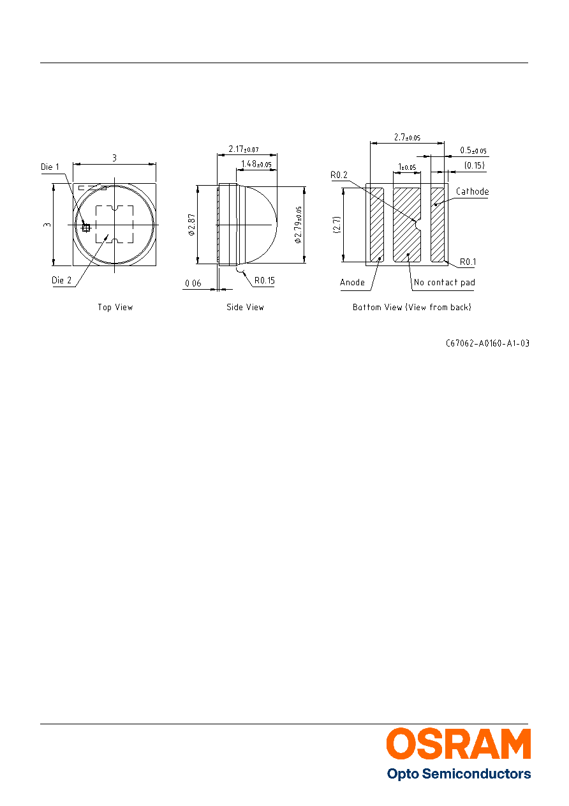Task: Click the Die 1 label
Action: (50, 167)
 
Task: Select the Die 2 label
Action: (61, 280)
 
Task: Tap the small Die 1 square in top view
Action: (86, 227)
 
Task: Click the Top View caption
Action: (115, 308)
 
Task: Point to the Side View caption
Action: (245, 308)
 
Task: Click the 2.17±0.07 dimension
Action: (244, 149)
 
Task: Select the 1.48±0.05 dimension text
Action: (256, 164)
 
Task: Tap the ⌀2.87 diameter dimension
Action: (191, 225)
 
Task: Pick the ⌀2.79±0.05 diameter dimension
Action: (298, 225)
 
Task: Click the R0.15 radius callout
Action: (264, 280)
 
